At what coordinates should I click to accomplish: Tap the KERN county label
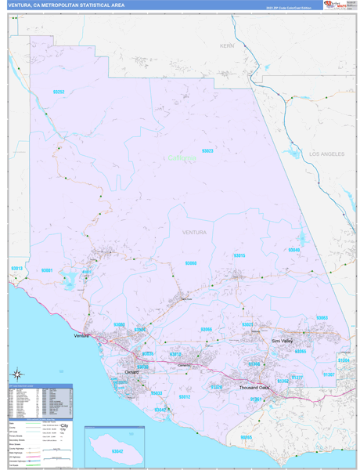[x=227, y=46]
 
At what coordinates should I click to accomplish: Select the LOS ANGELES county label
[x=326, y=154]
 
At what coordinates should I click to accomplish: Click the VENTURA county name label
[x=194, y=233]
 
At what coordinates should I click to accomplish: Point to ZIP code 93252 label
[x=59, y=92]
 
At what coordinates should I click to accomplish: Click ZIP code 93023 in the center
[x=207, y=150]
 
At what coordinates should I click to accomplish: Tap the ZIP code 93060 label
[x=191, y=263]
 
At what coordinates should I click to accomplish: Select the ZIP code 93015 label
[x=239, y=255]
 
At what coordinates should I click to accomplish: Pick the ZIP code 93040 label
[x=293, y=250]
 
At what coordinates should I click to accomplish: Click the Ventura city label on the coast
[x=82, y=335]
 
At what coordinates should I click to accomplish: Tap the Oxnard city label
[x=131, y=372]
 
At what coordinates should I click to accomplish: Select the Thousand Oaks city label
[x=254, y=387]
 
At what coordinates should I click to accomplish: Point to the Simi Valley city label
[x=281, y=342]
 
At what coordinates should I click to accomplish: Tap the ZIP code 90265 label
[x=247, y=436]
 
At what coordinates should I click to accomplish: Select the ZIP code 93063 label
[x=322, y=317]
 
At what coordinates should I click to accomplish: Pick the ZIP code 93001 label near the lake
[x=47, y=270]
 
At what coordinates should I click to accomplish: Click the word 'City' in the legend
[x=65, y=425]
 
